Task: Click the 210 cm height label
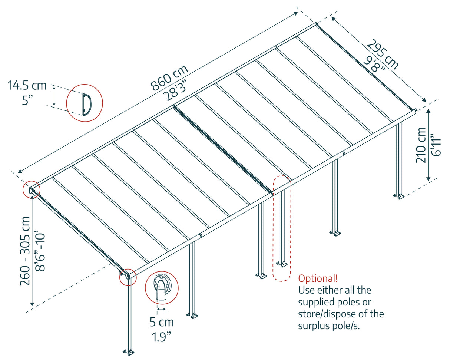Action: tap(421, 145)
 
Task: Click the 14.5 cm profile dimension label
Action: tap(27, 86)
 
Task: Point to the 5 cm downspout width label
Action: tap(162, 322)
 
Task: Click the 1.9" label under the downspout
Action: tap(162, 337)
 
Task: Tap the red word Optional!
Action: tap(318, 278)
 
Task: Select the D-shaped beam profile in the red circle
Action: tap(85, 103)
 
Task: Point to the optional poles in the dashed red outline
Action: tap(282, 228)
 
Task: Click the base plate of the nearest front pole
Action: tap(128, 351)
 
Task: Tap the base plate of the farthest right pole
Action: tap(399, 196)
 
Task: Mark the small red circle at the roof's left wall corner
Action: tap(31, 190)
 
